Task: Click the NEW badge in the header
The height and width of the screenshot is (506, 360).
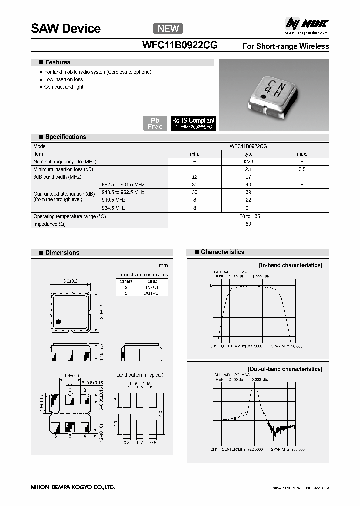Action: [x=168, y=28]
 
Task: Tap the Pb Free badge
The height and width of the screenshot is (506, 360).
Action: [x=155, y=123]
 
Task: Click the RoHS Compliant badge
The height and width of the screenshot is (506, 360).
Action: [x=193, y=123]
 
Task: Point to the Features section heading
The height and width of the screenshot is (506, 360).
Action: [x=58, y=63]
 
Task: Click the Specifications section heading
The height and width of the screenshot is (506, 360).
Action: [x=65, y=137]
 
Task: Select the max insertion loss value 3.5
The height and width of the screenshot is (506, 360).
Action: [x=302, y=170]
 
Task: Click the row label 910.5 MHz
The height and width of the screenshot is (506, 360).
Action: [x=114, y=200]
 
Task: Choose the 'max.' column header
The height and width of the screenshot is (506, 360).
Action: [x=302, y=154]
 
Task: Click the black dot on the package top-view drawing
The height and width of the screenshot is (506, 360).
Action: [x=59, y=322]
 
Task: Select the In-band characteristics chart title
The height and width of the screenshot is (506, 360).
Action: [x=290, y=265]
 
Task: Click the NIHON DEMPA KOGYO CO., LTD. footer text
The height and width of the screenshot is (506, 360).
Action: [x=73, y=486]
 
